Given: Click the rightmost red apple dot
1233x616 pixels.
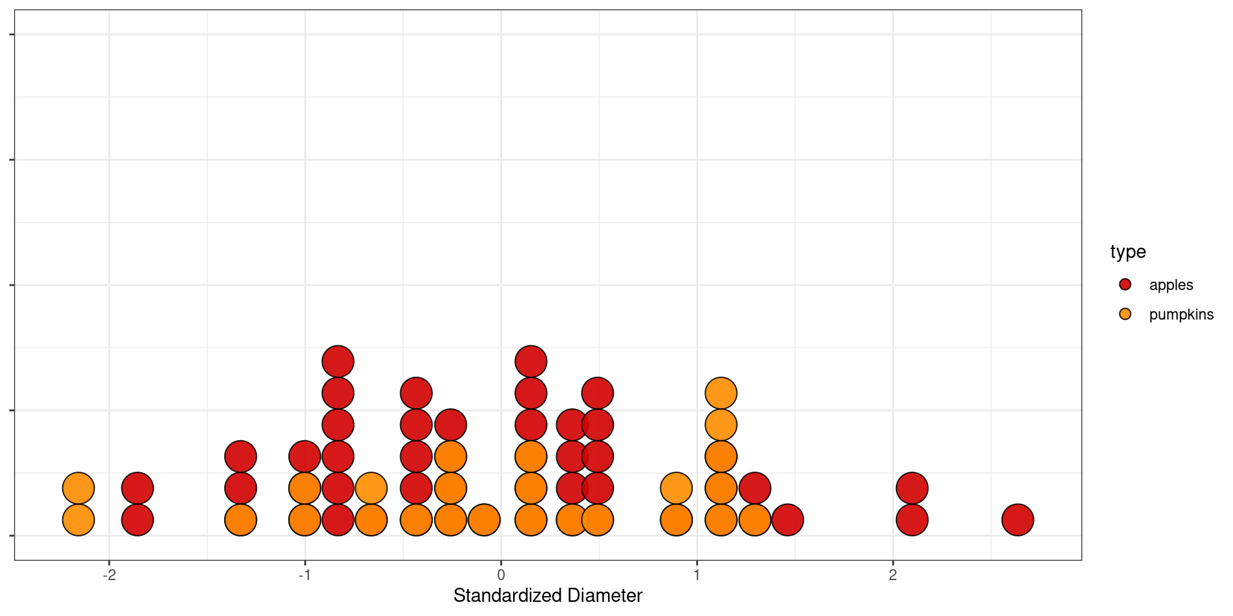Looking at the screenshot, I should point(1017,520).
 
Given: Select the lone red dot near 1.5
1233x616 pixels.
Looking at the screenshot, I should point(787,520).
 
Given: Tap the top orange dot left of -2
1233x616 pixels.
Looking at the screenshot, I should point(78,488).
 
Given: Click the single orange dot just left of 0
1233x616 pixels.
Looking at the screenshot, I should point(484,520).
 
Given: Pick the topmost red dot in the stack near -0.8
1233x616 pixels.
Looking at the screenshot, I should point(338,361).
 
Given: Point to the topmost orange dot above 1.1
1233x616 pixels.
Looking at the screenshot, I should point(721,393).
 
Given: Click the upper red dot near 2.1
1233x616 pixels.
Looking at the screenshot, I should point(912,488).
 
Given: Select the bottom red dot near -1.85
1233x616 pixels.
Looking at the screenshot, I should point(137,520).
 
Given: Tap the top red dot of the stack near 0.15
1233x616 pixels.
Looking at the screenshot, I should point(531,361).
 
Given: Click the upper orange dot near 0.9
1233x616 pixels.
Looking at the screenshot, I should point(676,488).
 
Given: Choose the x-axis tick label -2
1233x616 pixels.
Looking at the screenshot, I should point(109,575).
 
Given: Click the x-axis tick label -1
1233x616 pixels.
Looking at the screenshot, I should point(305,575).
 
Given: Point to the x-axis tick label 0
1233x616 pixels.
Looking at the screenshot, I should point(501,575).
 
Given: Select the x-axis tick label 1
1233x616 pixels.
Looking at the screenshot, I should point(697,575).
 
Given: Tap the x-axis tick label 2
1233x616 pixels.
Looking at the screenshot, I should point(893,575).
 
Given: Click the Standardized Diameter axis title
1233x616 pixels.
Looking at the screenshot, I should point(548,595).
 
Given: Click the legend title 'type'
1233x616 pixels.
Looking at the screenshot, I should point(1128,252).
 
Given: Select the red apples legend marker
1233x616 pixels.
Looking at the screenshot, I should point(1125,284).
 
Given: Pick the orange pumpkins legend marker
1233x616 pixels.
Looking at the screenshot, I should point(1125,314).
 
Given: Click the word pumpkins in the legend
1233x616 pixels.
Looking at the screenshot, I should point(1181,314).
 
